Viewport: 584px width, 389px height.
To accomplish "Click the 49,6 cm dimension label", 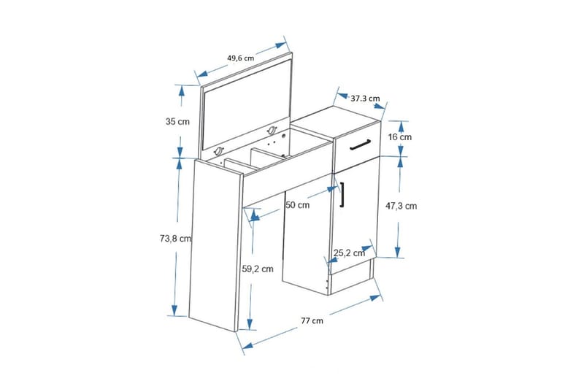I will click(x=240, y=58).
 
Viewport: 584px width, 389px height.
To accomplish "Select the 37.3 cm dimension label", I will click(x=365, y=98).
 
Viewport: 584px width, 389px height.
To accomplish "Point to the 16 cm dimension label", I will click(x=400, y=136).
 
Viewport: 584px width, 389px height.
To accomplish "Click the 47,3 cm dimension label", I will click(x=401, y=206).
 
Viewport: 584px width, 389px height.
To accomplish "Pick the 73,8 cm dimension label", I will click(x=175, y=238).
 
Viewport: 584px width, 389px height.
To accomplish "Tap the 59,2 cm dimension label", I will click(x=258, y=269).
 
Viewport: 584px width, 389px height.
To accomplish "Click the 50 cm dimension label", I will click(x=298, y=205).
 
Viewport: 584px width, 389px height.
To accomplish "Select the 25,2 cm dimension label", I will click(x=349, y=253).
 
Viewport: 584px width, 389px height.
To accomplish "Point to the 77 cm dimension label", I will click(x=312, y=320).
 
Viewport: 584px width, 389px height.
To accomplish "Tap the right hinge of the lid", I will click(x=273, y=131).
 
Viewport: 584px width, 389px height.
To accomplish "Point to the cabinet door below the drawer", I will click(x=353, y=226).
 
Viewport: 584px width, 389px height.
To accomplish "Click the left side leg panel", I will click(x=213, y=248).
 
